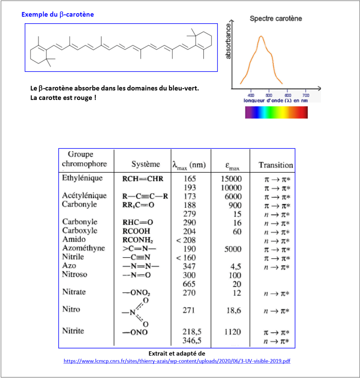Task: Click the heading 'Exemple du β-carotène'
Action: [58, 15]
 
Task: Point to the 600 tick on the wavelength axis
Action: [288, 94]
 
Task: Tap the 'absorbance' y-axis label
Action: [228, 41]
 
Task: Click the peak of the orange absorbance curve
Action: [261, 36]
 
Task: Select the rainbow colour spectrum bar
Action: [276, 112]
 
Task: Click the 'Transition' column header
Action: [275, 165]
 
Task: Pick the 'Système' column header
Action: [145, 164]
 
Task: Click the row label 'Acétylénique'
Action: [84, 196]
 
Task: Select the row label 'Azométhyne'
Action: [83, 248]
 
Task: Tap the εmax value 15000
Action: [231, 179]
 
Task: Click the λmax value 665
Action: [189, 284]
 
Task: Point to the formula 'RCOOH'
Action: [136, 231]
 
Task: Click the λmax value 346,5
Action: [192, 340]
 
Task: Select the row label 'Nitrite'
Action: [73, 331]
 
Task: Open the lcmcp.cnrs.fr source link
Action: [177, 361]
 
